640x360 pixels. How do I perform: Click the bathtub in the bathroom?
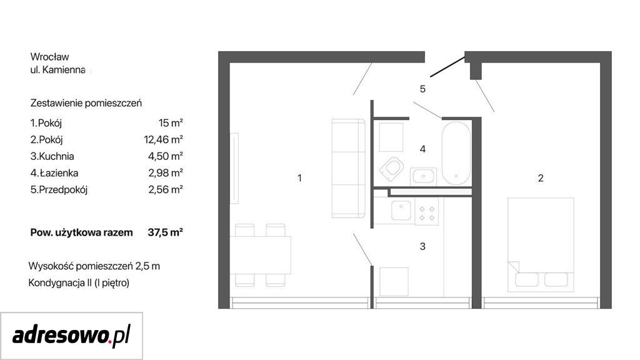tap(456, 153)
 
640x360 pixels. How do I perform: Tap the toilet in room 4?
tap(391, 169)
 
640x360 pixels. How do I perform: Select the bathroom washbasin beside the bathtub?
tap(423, 176)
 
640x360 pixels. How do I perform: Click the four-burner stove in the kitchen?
tap(427, 212)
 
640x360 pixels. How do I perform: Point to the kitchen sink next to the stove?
tap(401, 211)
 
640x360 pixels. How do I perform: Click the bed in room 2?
tap(541, 244)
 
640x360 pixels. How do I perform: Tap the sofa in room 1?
tap(348, 168)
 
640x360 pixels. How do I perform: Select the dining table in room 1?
tap(260, 255)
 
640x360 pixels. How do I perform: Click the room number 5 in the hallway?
tap(422, 89)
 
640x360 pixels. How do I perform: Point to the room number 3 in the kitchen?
tap(422, 246)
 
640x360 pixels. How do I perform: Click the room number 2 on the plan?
tap(541, 178)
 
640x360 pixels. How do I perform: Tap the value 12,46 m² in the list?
tap(163, 139)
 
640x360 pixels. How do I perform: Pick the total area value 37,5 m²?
tap(165, 232)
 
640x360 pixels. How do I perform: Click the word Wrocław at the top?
tap(49, 57)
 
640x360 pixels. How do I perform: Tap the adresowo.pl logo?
tap(71, 336)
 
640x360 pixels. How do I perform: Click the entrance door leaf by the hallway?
tap(447, 67)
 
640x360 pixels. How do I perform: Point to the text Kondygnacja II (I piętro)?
tap(79, 283)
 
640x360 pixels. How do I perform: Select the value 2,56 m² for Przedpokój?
tap(165, 190)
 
